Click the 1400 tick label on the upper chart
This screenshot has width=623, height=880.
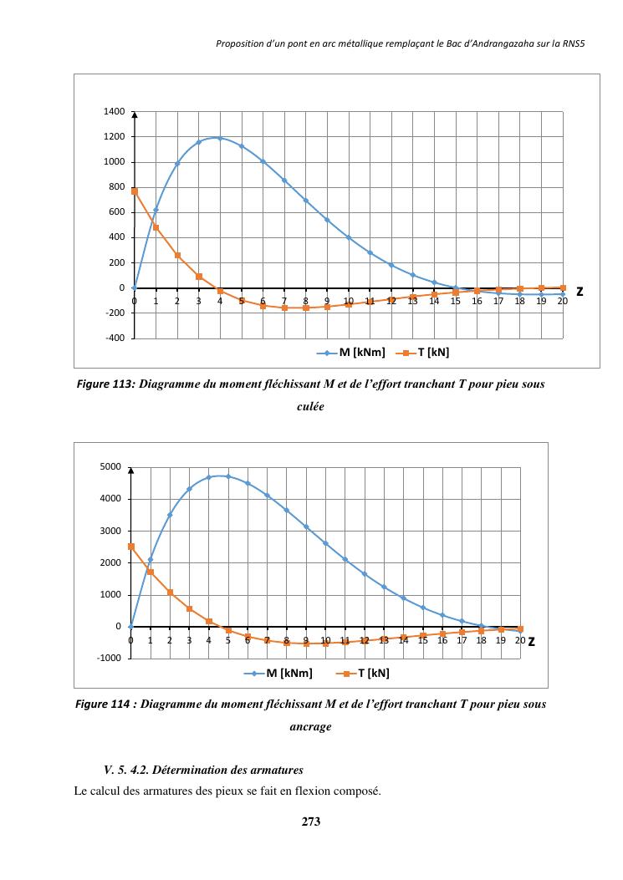(x=115, y=112)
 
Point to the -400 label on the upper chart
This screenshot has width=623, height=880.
(x=115, y=338)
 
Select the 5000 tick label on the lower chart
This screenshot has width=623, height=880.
(x=111, y=466)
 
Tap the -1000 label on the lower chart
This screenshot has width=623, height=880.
(x=110, y=659)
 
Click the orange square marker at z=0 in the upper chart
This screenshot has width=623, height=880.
(x=135, y=191)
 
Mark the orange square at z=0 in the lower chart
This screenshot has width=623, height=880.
(x=130, y=547)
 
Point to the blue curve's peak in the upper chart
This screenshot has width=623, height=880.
(x=219, y=138)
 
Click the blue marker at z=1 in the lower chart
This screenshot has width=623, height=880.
(x=151, y=559)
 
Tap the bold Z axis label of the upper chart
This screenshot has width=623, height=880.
(x=579, y=292)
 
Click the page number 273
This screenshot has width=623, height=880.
(x=311, y=822)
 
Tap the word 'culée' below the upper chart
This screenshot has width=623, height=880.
(x=310, y=407)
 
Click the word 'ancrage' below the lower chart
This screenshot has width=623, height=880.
(x=310, y=727)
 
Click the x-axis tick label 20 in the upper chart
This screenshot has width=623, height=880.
(x=562, y=301)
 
